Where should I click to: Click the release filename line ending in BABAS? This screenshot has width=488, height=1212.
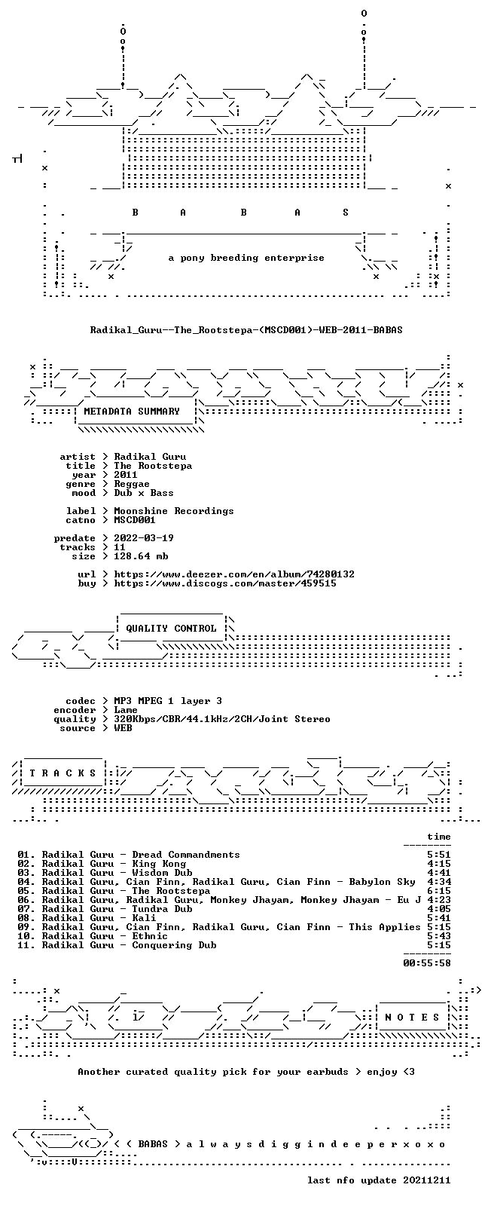point(246,329)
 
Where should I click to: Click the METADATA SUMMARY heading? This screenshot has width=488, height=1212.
point(131,412)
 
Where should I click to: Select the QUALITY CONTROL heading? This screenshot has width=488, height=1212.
point(171,628)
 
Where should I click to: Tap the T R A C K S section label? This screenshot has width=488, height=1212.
point(63,773)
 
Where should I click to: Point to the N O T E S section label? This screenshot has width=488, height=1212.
point(413,1018)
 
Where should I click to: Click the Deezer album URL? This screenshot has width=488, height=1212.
point(234,574)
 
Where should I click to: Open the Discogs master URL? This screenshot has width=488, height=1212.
point(225,583)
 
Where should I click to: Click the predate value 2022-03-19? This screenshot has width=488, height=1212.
point(144,538)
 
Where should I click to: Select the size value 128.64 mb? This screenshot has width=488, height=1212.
point(141,556)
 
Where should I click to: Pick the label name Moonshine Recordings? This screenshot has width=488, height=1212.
point(173,511)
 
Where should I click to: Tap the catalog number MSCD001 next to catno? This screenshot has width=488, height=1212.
point(135,520)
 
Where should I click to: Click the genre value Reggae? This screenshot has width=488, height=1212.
point(131,484)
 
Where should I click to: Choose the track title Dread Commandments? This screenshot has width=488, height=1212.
point(186,855)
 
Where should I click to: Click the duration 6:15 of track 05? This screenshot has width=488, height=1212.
point(439,891)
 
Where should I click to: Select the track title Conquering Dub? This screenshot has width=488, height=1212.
point(174,945)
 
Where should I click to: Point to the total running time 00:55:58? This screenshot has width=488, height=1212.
point(427,963)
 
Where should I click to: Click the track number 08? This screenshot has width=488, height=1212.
point(24,918)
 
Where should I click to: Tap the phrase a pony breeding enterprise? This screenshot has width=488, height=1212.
point(246,258)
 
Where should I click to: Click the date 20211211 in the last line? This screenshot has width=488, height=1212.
point(427,1180)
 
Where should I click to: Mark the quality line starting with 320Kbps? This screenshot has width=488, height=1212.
point(221,719)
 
